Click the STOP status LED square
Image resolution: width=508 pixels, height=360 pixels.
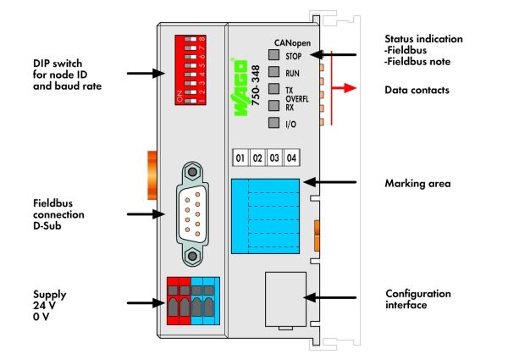[273, 54]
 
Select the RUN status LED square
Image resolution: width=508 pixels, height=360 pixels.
[273, 72]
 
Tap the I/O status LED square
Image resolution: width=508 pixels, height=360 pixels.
[273, 123]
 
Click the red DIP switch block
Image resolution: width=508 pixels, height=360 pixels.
[190, 70]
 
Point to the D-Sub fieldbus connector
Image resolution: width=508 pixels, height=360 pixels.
[192, 213]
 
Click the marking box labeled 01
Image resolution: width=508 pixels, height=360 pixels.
[240, 158]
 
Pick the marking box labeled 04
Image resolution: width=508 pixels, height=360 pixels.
[291, 158]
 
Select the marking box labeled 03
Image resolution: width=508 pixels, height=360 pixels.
[274, 158]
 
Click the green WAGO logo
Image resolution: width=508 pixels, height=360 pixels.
[240, 87]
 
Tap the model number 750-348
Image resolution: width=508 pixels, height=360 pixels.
[256, 85]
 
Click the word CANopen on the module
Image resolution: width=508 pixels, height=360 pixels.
[292, 42]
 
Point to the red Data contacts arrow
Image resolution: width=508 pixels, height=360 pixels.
[344, 88]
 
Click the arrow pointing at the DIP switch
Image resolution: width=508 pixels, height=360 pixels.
[146, 73]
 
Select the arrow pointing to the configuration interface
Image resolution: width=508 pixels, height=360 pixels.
[330, 297]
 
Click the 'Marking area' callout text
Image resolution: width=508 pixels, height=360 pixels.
[417, 184]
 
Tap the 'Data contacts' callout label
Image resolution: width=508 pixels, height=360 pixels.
[417, 90]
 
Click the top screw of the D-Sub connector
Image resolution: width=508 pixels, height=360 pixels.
[192, 172]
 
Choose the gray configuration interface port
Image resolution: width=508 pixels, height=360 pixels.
[285, 299]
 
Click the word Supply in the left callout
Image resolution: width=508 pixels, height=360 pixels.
[50, 295]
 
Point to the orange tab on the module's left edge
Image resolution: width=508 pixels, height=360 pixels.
[152, 175]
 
